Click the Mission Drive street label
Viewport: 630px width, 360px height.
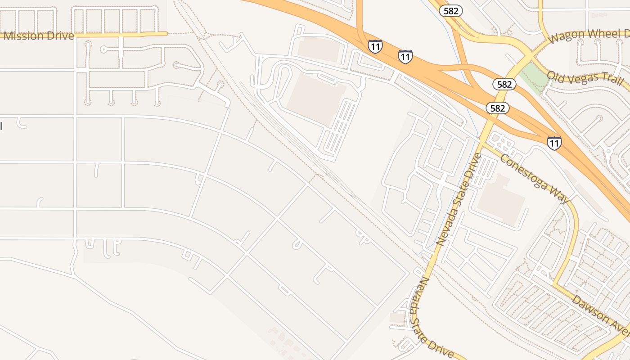point(39,36)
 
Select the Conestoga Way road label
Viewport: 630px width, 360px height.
point(535,179)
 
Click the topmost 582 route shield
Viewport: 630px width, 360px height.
point(450,11)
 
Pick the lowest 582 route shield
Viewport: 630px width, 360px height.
point(497,108)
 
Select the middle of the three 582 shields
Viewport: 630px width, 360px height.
point(504,84)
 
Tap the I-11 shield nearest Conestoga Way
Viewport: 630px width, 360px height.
point(554,143)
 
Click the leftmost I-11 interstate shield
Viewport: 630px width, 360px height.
point(375,46)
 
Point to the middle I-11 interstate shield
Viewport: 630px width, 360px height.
point(405,56)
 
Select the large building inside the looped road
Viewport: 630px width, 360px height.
point(315,99)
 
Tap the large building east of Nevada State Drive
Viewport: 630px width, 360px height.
point(500,200)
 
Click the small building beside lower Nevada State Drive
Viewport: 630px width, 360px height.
point(397,318)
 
